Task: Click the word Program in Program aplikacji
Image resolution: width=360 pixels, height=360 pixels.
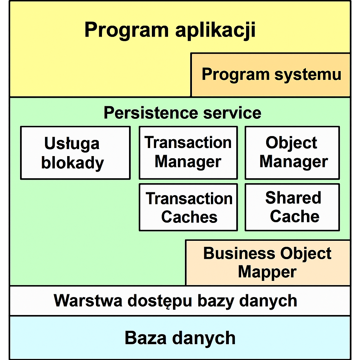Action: (127, 30)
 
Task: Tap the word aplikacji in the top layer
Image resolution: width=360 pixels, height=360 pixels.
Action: (216, 30)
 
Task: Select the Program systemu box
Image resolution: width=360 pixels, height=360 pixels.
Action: (270, 75)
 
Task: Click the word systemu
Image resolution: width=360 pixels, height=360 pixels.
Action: (308, 75)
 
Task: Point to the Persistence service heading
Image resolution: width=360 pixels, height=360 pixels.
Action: (182, 113)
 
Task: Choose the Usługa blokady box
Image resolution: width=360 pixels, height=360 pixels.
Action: (75, 153)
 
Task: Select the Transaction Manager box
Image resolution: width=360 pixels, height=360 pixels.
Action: (188, 153)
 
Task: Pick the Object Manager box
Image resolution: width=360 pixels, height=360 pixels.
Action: (292, 153)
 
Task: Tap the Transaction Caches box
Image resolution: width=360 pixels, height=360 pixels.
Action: (188, 207)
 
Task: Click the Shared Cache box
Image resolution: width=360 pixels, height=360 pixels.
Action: (292, 207)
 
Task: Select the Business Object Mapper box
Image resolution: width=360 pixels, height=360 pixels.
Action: (268, 263)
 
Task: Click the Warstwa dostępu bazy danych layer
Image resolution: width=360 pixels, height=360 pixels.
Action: (180, 301)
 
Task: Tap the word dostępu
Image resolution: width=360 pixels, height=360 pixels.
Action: (160, 301)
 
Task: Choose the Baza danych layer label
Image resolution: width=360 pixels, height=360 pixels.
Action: (180, 338)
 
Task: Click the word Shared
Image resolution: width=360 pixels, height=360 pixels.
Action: (293, 198)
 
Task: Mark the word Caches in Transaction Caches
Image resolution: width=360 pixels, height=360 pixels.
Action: (189, 217)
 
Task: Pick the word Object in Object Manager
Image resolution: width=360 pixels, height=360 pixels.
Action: (291, 143)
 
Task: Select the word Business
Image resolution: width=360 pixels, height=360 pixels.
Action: (239, 253)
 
